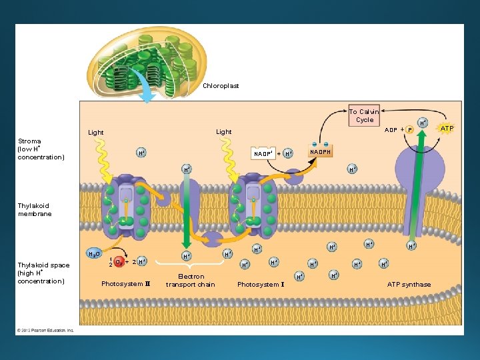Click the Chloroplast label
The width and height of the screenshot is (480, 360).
coord(221,86)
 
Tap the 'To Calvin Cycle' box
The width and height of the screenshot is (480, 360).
coord(364,115)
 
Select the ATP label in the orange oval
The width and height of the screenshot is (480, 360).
coord(447,128)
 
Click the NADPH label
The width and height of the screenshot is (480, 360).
coord(320,153)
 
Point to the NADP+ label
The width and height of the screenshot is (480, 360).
coord(263,154)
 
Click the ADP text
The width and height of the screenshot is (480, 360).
coord(391,130)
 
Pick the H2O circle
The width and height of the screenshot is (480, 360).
coord(95,254)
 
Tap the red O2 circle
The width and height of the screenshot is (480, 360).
coord(119,261)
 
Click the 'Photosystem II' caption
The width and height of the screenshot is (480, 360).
coord(126,284)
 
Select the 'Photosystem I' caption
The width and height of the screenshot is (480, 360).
coord(261,285)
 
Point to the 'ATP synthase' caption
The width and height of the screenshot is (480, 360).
coord(409,285)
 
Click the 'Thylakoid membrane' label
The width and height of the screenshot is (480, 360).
coord(35,210)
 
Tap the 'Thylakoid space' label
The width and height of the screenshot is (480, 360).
coord(43,273)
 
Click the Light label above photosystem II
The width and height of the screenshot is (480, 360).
coord(96,133)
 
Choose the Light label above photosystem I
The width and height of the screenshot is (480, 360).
coord(224,132)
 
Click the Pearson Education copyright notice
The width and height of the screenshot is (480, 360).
coord(46,330)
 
